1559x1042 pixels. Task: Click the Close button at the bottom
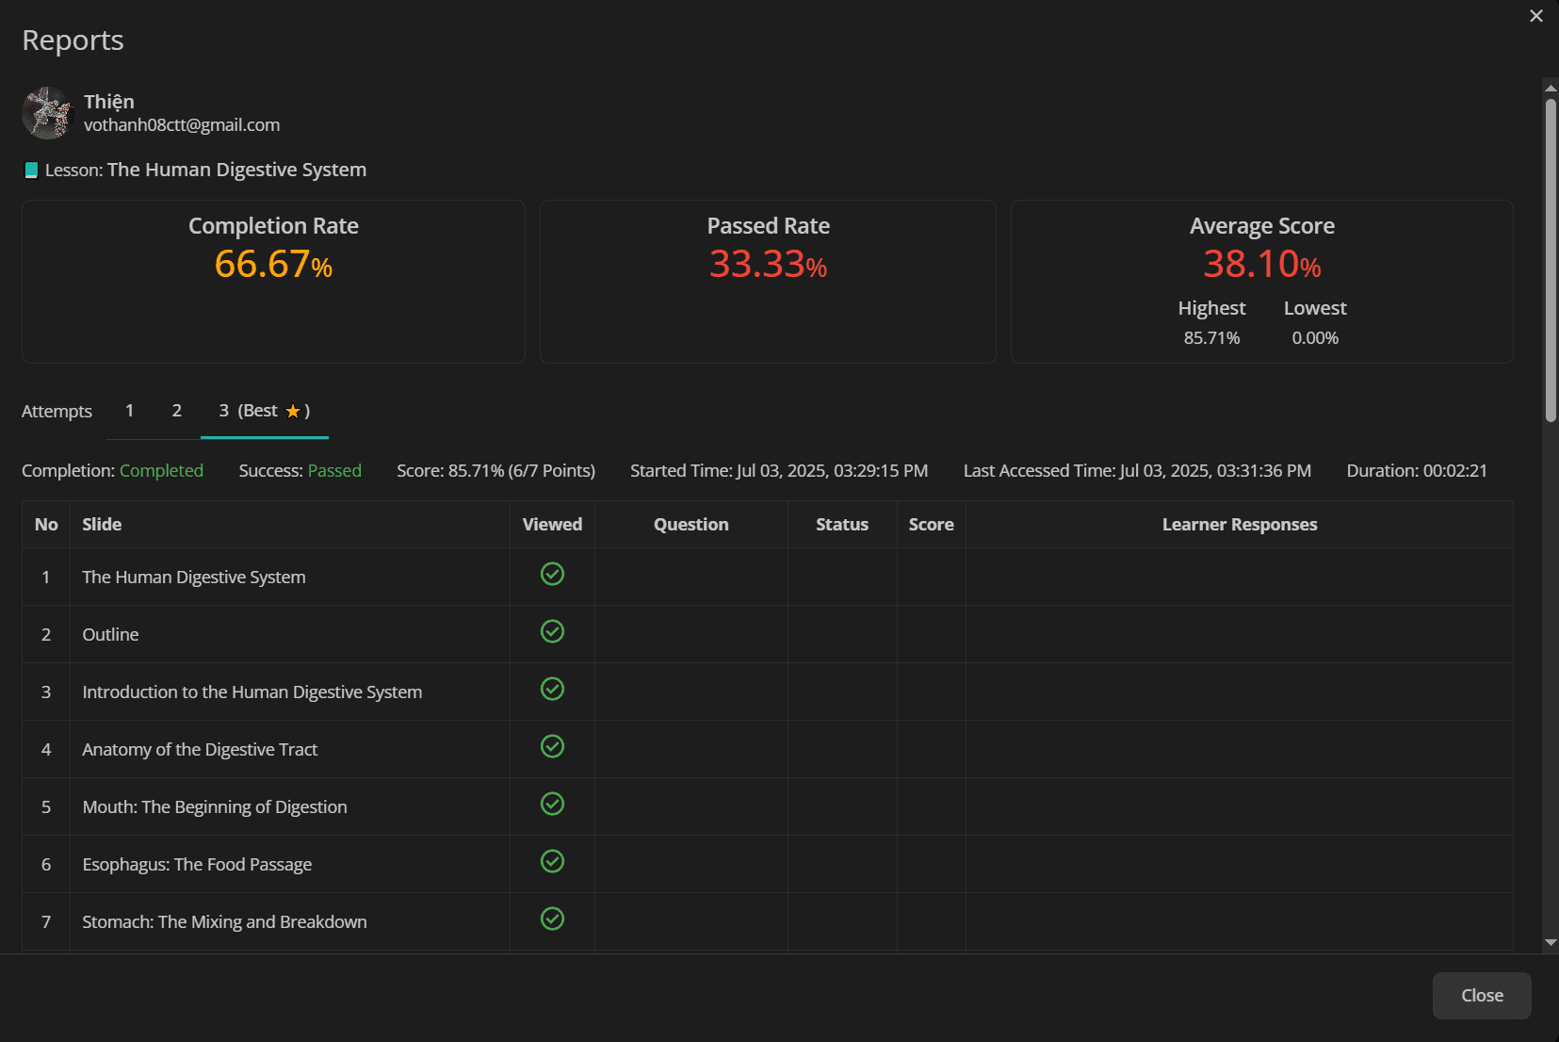point(1481,995)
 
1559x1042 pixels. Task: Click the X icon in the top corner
point(1536,16)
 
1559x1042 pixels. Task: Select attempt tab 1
point(129,411)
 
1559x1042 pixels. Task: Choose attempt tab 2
point(177,411)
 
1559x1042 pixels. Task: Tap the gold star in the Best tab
point(293,412)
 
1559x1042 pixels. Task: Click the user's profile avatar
point(48,113)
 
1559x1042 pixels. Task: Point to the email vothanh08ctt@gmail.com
point(182,124)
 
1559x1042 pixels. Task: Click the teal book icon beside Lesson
point(31,170)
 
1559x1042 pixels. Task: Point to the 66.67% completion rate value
point(273,264)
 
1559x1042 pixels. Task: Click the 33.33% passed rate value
point(768,264)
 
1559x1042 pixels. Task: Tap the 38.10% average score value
point(1262,264)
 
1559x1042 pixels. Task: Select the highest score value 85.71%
point(1211,338)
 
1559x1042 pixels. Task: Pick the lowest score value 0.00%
point(1315,338)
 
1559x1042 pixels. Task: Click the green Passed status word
point(334,470)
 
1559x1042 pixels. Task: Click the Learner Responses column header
point(1240,524)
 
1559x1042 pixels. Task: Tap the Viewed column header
point(552,524)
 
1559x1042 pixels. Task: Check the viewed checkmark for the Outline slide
point(552,631)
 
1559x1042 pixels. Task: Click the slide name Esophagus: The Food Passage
point(197,865)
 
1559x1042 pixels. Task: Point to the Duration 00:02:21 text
point(1417,470)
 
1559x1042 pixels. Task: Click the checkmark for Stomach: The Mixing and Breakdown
point(552,919)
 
